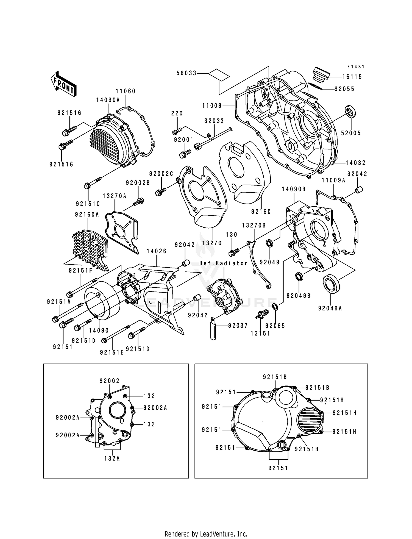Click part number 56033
(x=186, y=73)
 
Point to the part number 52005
(x=351, y=133)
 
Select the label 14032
(x=355, y=163)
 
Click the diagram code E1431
(x=355, y=67)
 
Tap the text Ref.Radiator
(x=223, y=263)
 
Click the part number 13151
(x=260, y=334)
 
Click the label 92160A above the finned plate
(x=87, y=215)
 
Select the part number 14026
(x=157, y=251)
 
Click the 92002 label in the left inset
(x=110, y=381)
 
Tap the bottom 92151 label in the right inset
(x=278, y=468)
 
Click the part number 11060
(x=126, y=91)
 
